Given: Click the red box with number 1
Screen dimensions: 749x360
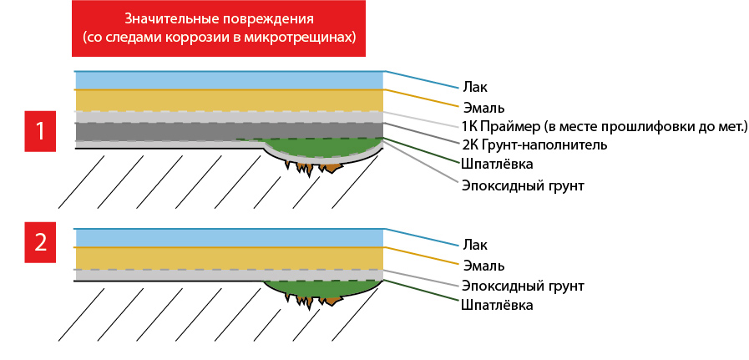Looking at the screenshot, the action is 40,131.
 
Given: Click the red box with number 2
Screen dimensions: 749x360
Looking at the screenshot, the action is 40,243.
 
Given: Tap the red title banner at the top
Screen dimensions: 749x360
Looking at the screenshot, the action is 219,28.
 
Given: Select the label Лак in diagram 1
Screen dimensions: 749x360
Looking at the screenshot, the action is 475,88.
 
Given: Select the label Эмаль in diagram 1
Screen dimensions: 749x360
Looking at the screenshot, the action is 483,107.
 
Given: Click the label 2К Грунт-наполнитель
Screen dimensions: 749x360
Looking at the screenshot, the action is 534,145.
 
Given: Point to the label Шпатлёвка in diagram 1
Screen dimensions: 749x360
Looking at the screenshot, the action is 498,164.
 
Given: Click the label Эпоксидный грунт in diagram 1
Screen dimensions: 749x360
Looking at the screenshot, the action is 523,185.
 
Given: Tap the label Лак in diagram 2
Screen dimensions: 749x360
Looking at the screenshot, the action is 475,246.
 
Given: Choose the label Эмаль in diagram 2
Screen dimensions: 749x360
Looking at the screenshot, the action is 483,266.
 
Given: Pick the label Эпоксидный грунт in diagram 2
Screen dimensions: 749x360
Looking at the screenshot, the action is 523,286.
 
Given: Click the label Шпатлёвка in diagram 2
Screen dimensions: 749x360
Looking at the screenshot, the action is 498,305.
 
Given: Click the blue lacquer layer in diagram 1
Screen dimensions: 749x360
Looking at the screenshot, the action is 230,80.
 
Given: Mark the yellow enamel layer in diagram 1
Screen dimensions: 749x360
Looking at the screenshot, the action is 230,100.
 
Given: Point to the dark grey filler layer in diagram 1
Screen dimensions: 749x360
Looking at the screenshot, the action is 230,131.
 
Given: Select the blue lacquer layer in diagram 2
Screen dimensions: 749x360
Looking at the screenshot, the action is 230,238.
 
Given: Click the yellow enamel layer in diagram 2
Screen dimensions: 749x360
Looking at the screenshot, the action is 230,259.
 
